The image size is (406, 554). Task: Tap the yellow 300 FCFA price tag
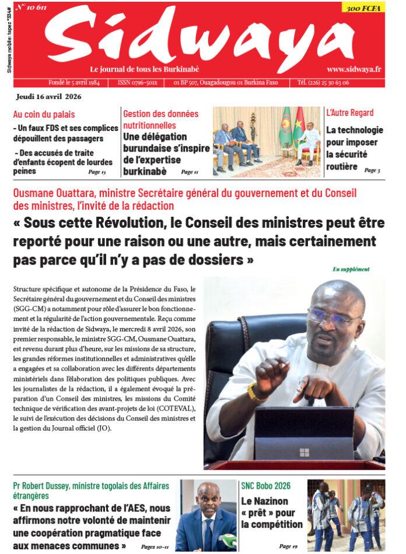(362, 8)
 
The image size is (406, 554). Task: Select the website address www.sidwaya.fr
(354, 69)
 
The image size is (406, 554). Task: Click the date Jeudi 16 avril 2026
(50, 96)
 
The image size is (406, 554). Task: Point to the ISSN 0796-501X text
(138, 83)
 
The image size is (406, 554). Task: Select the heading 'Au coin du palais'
(44, 114)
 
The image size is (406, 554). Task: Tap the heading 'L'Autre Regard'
(350, 113)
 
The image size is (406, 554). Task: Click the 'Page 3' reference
(372, 170)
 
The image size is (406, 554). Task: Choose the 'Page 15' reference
(97, 172)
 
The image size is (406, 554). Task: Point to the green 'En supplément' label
(351, 269)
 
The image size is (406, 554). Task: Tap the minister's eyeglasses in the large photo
(334, 315)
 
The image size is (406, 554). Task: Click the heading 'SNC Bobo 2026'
(265, 486)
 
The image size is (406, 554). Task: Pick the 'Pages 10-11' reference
(155, 546)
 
